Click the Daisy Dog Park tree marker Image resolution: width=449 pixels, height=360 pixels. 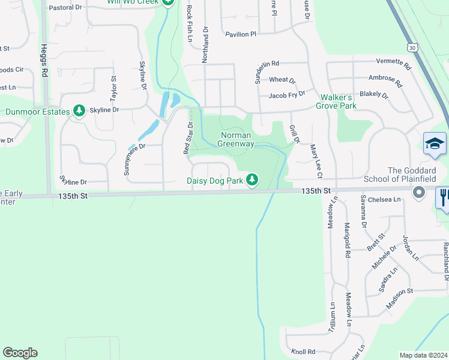coord(253,179)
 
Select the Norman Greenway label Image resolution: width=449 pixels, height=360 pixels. coord(235,139)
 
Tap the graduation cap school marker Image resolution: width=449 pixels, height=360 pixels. coord(435,144)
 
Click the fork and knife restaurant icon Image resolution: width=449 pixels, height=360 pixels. coord(443,197)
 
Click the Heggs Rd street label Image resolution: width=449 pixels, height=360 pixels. coord(44,61)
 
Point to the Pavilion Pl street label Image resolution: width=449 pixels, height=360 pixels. coord(241,35)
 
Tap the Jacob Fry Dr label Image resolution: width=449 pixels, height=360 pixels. coord(287,95)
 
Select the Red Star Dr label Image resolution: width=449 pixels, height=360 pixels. coord(187,138)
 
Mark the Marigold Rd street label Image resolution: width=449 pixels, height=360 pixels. coord(347,240)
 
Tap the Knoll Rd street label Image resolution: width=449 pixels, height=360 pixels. coord(303,352)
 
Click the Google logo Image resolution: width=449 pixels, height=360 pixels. coord(20,353)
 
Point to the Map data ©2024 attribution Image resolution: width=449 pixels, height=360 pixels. coord(423,355)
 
